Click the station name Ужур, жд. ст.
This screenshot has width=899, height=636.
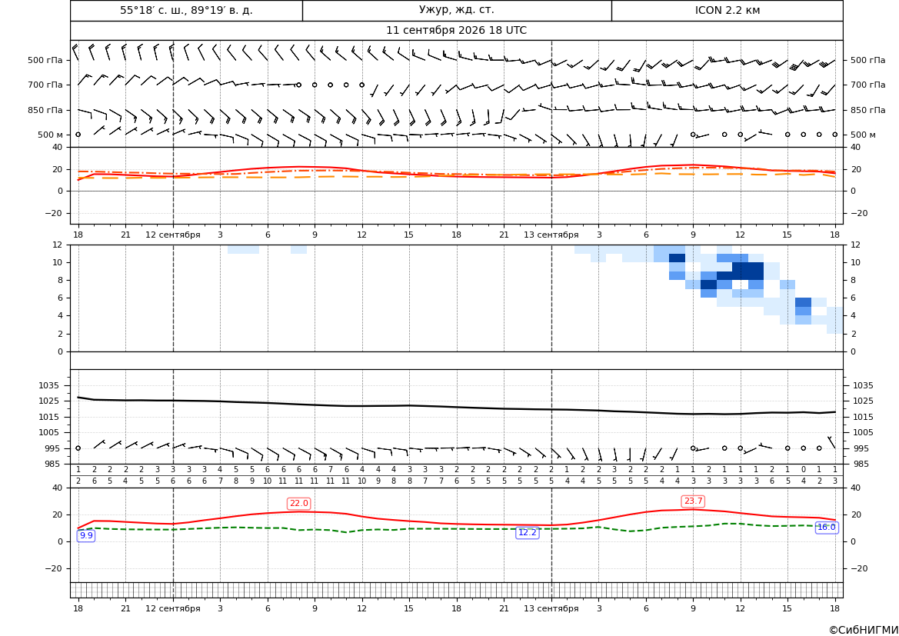click(x=456, y=10)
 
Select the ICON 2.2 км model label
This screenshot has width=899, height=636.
click(x=728, y=10)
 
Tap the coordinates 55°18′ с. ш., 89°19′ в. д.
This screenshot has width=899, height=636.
click(x=186, y=10)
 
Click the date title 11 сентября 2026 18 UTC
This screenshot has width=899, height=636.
click(x=456, y=31)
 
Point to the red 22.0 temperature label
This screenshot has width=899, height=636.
click(x=298, y=504)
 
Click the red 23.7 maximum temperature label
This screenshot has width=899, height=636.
click(x=693, y=501)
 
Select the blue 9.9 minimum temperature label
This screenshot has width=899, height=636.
click(x=86, y=535)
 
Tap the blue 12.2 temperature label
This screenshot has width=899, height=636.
click(x=528, y=533)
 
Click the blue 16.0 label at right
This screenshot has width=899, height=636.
click(x=826, y=528)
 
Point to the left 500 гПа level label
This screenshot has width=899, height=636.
click(x=45, y=60)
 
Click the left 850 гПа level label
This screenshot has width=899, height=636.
click(x=45, y=110)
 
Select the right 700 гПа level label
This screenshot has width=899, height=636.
click(x=868, y=85)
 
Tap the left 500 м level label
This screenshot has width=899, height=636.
click(x=51, y=135)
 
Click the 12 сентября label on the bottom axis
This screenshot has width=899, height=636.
click(x=173, y=608)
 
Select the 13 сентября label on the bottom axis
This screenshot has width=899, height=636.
click(x=551, y=608)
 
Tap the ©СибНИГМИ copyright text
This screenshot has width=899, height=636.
click(x=864, y=631)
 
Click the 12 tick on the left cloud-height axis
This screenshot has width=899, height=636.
click(x=58, y=245)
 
